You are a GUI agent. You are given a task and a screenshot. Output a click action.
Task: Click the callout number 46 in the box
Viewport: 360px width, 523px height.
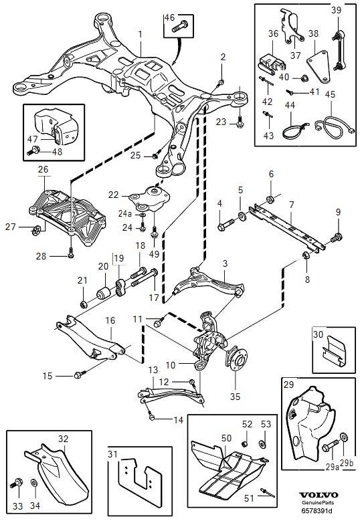[x=169, y=17]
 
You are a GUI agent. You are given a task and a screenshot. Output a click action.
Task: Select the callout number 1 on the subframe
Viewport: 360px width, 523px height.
[x=140, y=33]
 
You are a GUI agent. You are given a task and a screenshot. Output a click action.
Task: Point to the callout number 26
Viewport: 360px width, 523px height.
[x=43, y=171]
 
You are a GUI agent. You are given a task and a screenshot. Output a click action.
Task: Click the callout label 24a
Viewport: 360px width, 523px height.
[x=125, y=214]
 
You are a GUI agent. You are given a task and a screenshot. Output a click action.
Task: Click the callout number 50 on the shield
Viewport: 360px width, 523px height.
[x=227, y=437]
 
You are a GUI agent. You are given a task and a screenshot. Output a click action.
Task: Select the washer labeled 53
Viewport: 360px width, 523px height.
[x=262, y=443]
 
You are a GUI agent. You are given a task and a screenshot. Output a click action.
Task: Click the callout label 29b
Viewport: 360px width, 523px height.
[x=345, y=463]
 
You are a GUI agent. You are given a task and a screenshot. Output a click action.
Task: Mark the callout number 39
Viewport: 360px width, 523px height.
[x=336, y=9]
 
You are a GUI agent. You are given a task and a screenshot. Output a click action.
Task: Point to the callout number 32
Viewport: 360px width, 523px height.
[x=63, y=439]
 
